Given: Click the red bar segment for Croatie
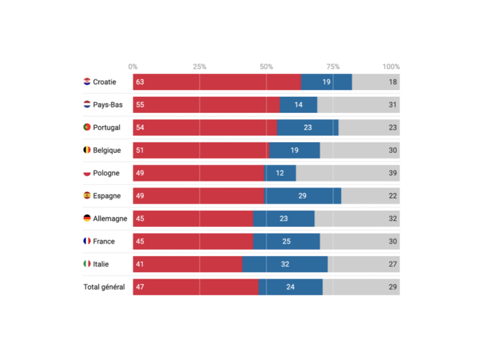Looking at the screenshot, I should (217, 82).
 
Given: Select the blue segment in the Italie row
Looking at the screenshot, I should (285, 264).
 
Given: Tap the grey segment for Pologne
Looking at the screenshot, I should (347, 173).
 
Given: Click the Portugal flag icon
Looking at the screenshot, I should (87, 128).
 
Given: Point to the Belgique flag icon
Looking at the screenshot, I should (87, 150).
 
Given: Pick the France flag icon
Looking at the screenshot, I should (87, 241).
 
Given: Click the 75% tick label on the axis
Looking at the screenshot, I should (333, 67).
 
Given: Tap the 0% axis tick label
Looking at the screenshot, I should (133, 67).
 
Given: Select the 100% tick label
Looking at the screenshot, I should (391, 67).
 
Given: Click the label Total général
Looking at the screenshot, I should (105, 287).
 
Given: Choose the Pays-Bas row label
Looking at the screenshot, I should (107, 105).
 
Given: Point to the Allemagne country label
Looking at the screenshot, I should (110, 218).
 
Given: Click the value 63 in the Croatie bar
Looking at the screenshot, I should (140, 82).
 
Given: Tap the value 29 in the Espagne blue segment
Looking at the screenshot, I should (302, 196).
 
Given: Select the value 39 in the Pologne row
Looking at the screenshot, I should (393, 173).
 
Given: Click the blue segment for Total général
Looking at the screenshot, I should (290, 287).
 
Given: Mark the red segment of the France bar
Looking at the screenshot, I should (193, 241).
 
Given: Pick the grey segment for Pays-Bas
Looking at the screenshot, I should (358, 105).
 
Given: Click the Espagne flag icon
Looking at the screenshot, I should (87, 196).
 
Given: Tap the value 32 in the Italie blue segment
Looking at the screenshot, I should (285, 264).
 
